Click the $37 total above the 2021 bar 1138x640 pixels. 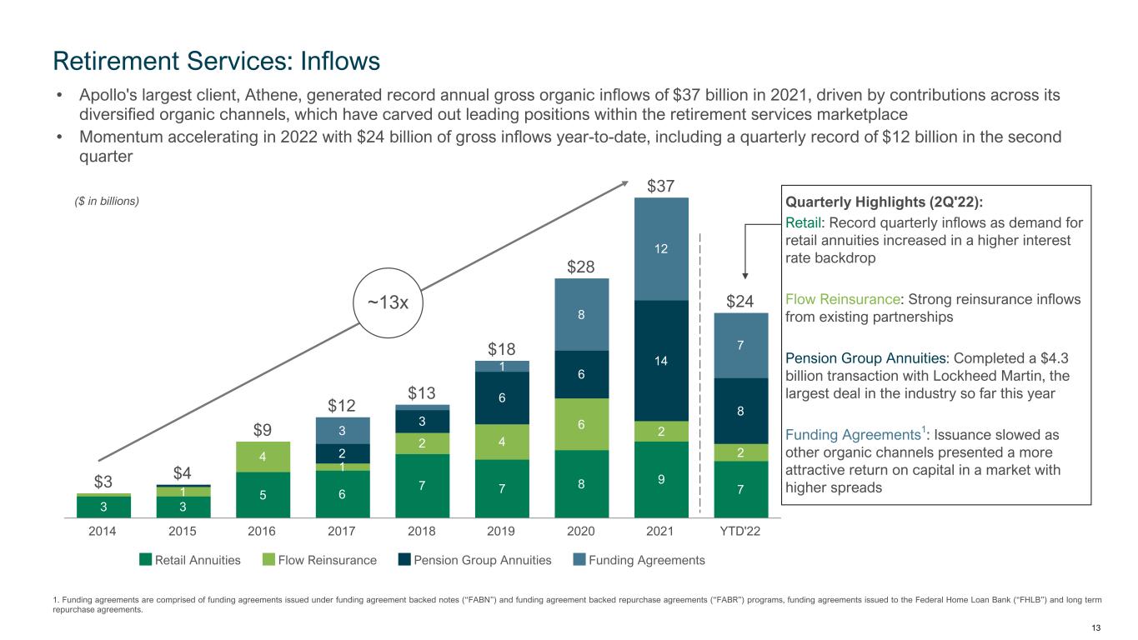point(661,185)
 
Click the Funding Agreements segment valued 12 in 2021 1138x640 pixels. point(661,248)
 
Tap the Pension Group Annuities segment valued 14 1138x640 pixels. point(661,360)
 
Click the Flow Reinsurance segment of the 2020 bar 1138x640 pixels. point(582,424)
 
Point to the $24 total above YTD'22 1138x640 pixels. point(741,301)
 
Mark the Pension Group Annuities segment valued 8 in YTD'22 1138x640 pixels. point(741,410)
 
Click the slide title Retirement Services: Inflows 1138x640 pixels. point(217,60)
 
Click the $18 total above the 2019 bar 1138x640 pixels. point(502,348)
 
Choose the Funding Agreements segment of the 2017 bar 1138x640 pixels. point(342,430)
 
